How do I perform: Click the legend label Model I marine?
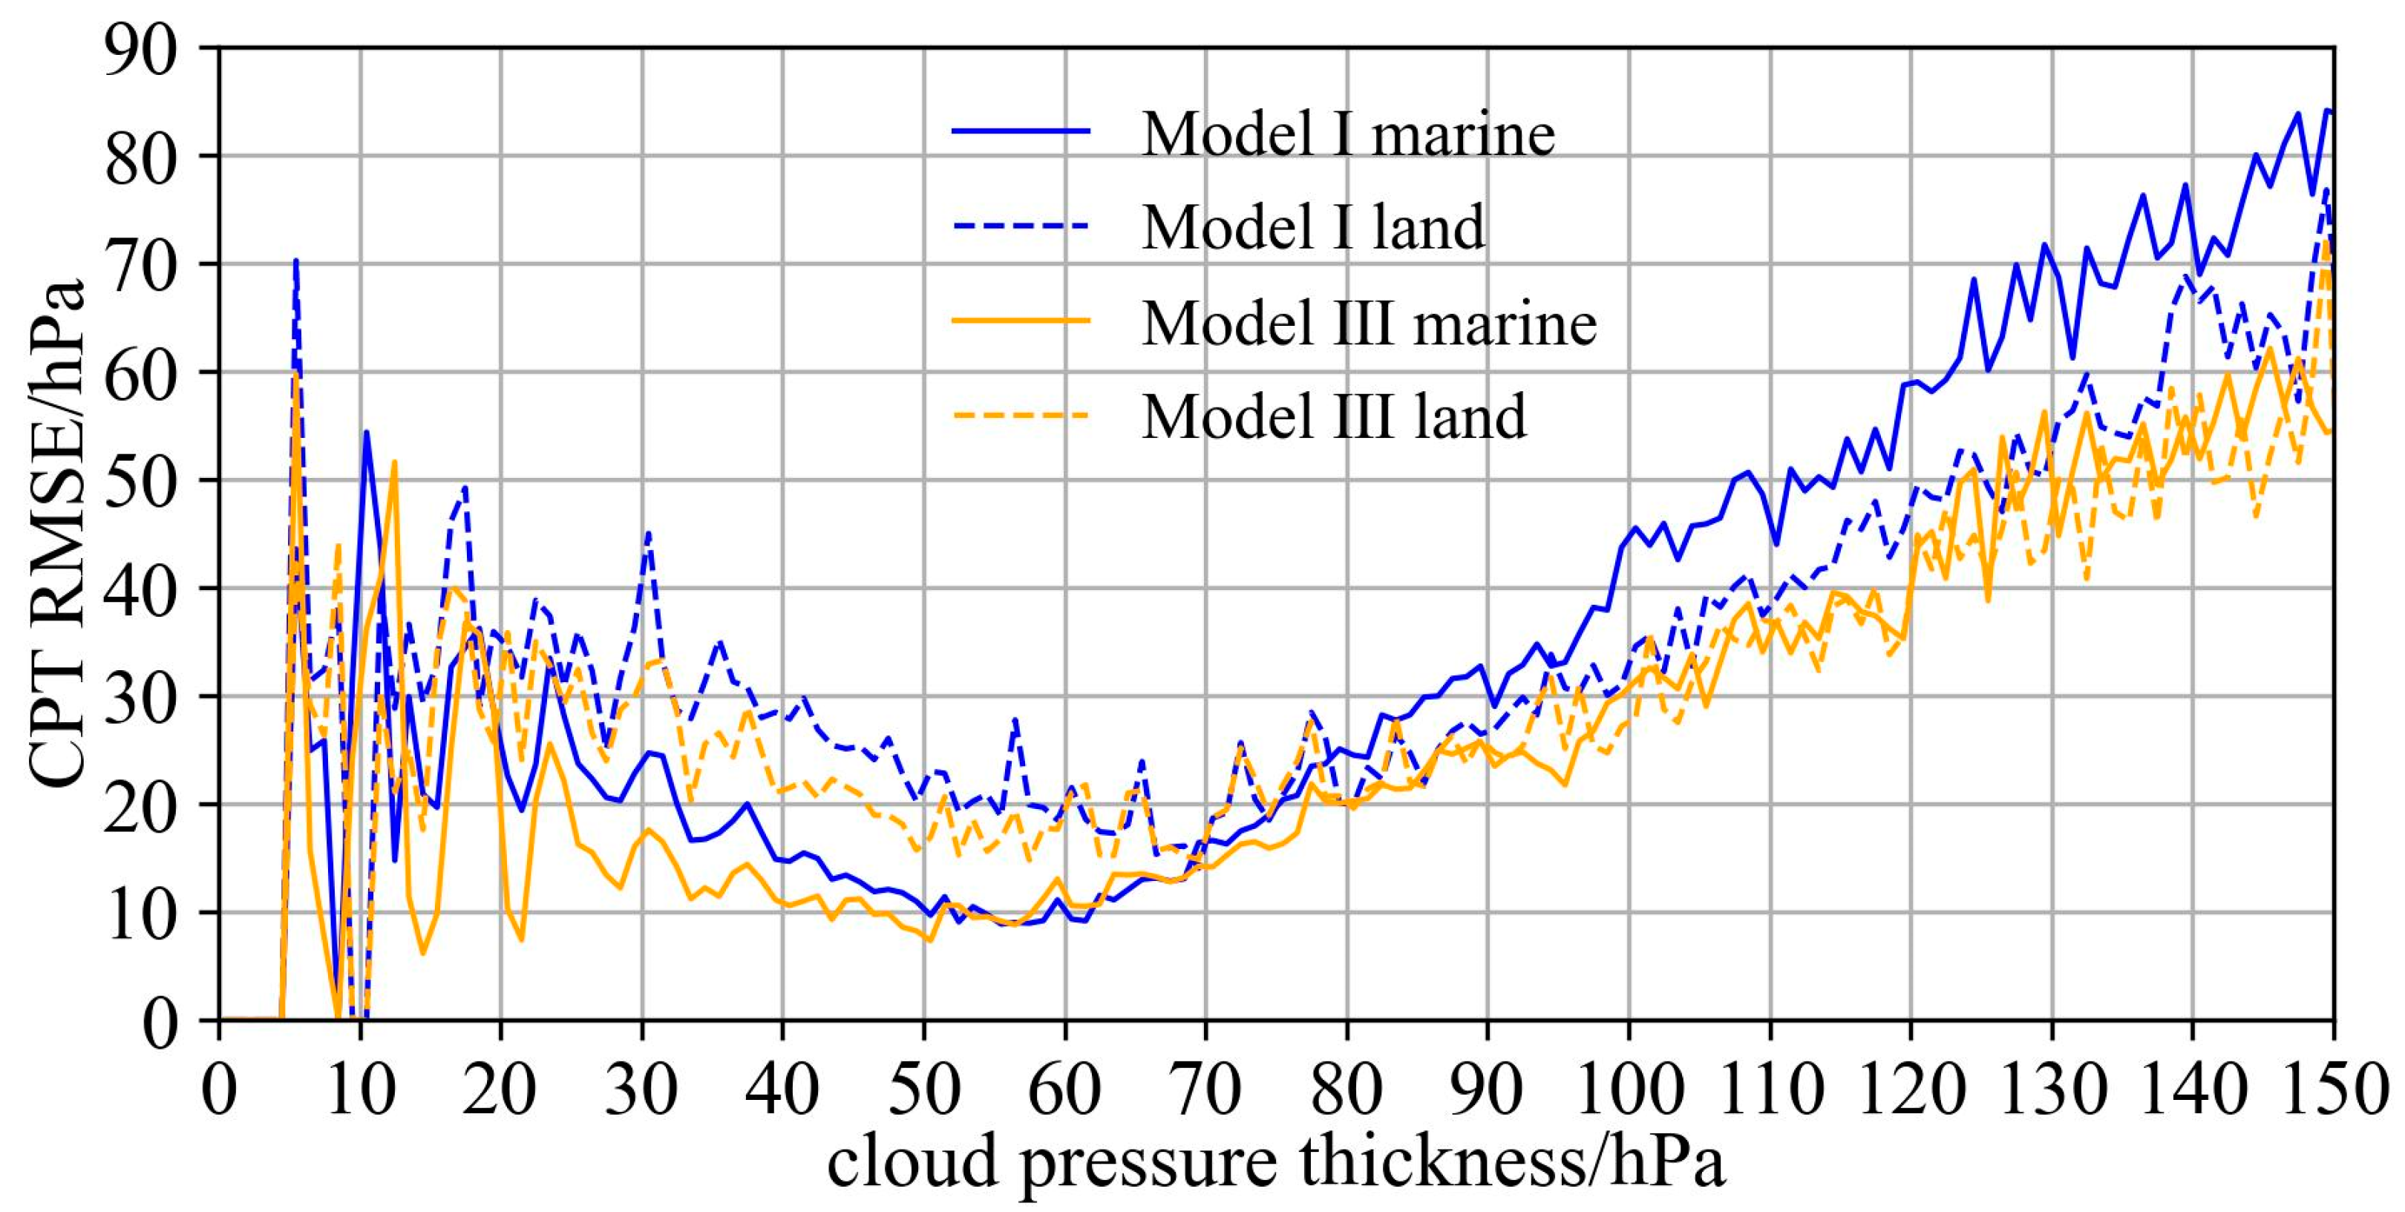(x=1347, y=134)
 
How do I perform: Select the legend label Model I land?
(x=1312, y=227)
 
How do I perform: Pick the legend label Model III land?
(x=1333, y=416)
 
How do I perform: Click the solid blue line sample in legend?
(x=1021, y=131)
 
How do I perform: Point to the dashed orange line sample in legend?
(x=1021, y=413)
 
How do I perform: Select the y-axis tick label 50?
(x=140, y=482)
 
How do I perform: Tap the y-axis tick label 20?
(x=140, y=806)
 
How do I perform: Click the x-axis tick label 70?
(x=1205, y=1089)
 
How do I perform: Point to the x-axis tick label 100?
(x=1629, y=1089)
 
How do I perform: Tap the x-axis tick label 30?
(x=641, y=1089)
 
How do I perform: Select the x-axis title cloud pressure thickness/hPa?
(x=1275, y=1162)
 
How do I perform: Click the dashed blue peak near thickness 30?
(x=649, y=534)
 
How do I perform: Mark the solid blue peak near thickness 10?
(x=366, y=432)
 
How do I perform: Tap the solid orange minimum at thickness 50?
(x=929, y=940)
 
